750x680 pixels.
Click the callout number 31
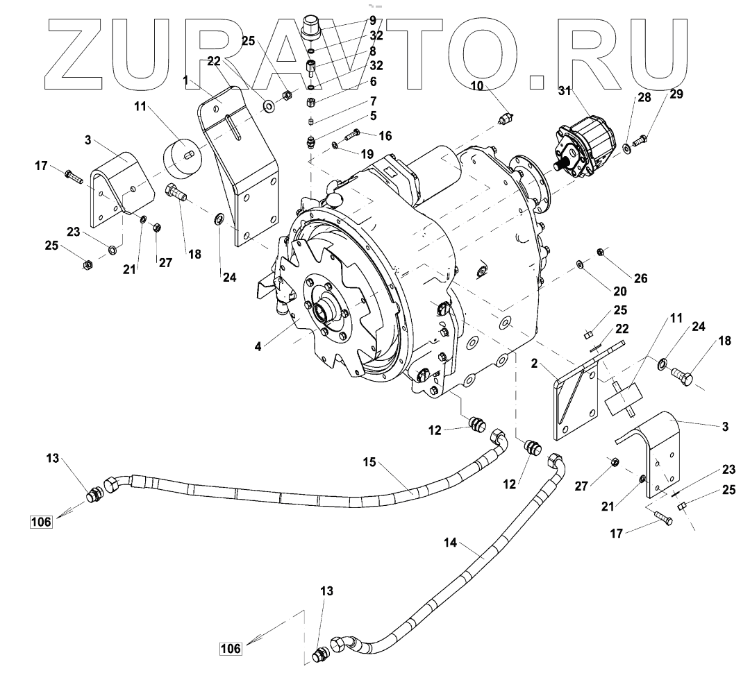pos(565,92)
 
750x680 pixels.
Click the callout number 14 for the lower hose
pos(449,543)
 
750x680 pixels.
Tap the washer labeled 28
pos(626,148)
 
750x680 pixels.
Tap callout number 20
pos(619,291)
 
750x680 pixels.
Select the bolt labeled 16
pos(349,135)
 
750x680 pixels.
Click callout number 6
pos(373,82)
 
